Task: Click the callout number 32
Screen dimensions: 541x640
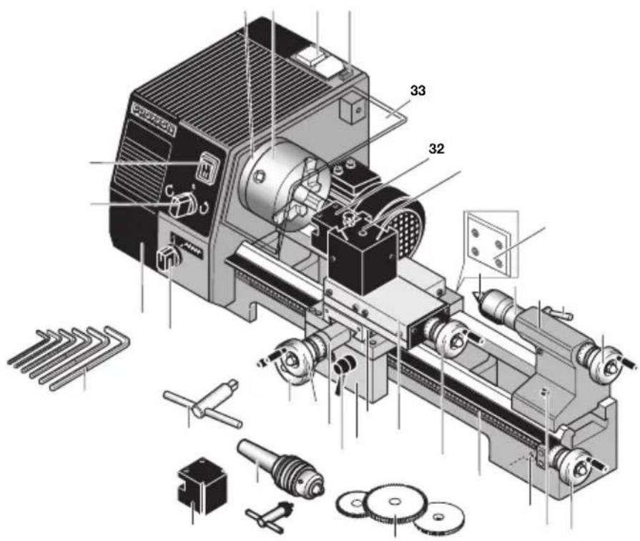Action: [436, 149]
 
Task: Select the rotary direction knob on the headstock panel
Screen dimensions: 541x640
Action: [183, 206]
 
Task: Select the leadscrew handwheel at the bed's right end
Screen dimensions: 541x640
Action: [579, 468]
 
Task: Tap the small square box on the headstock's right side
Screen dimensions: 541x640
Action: [353, 106]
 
